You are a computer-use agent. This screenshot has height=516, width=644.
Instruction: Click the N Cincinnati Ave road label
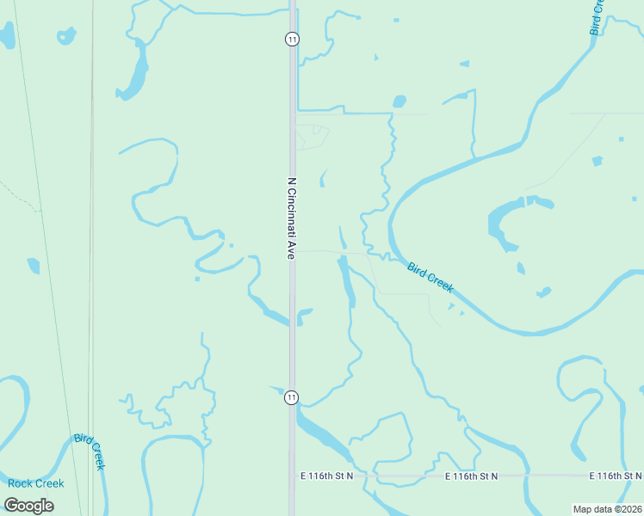pos(292,218)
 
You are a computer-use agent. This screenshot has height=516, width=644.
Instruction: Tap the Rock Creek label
pos(36,483)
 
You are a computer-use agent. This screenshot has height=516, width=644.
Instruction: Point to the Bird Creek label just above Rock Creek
pos(90,451)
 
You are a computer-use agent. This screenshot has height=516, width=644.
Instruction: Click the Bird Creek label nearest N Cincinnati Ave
pos(430,278)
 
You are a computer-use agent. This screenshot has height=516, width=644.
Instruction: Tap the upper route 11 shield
pos(292,40)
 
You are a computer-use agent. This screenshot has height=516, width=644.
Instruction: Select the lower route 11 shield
pos(292,396)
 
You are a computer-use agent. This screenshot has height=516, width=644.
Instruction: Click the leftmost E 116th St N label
pos(327,476)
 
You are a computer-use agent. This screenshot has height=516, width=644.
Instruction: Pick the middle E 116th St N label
pos(473,476)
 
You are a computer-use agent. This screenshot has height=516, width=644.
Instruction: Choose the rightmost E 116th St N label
pos(616,476)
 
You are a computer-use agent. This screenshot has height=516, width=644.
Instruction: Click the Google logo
pos(29,505)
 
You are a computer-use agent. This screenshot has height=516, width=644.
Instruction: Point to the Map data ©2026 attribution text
pos(607,508)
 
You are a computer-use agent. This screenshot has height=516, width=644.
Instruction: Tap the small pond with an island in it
pos(66,35)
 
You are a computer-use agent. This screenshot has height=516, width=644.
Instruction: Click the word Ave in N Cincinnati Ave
pos(292,250)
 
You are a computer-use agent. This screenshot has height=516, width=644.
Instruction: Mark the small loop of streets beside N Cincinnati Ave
pos(313,136)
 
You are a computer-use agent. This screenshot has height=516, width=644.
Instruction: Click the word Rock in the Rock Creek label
pos(19,483)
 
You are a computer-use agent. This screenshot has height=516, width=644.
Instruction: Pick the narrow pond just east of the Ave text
pos(343,236)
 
